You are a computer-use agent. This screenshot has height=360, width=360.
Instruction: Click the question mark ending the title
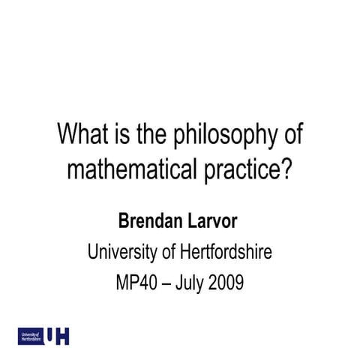[285, 169]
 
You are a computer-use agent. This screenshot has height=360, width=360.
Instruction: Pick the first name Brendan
[151, 222]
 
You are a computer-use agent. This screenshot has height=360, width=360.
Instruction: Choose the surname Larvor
[214, 222]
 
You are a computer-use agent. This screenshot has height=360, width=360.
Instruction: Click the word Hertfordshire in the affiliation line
[223, 253]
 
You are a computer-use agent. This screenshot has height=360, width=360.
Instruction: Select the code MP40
[136, 284]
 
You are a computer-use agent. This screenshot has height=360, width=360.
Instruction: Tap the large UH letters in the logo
[58, 336]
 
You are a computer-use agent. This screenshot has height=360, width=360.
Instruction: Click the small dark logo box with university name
[31, 336]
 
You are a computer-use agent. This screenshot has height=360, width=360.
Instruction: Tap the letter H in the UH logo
[63, 336]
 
